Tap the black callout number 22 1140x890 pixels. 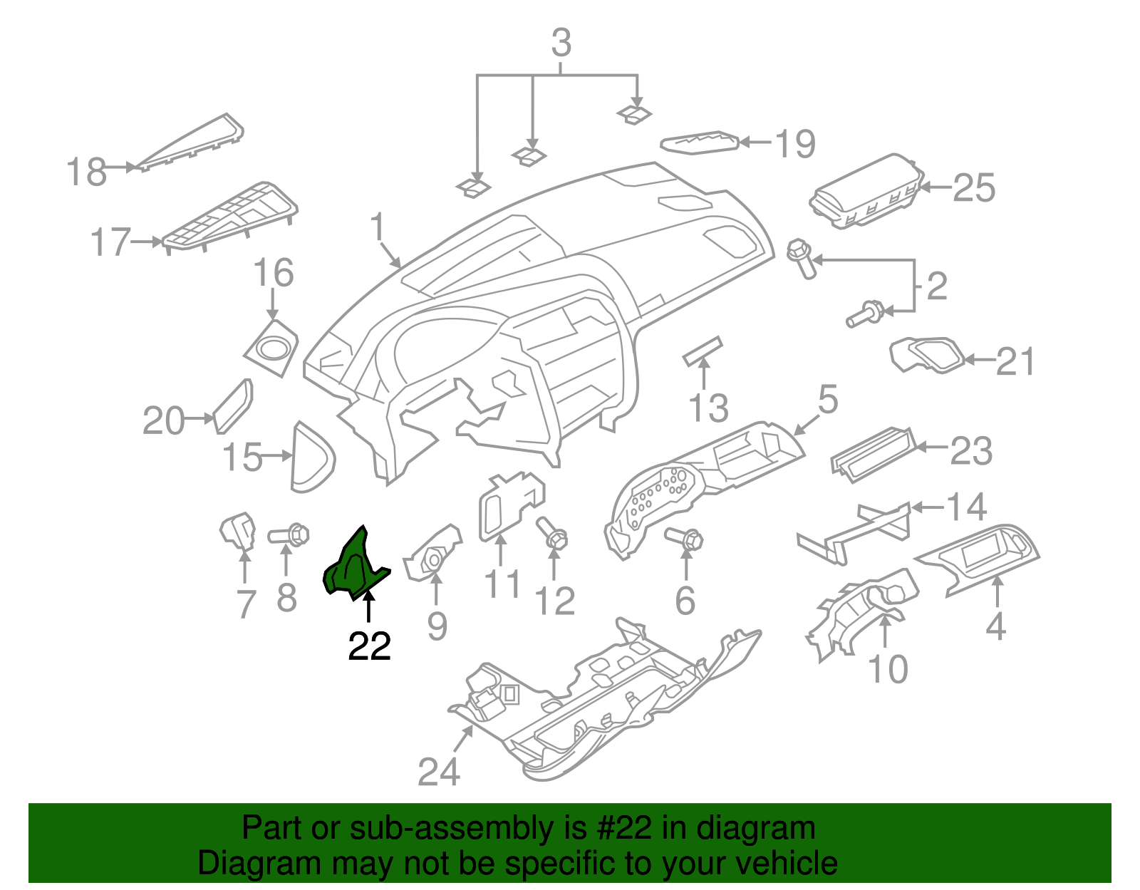pos(369,646)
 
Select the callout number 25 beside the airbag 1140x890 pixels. pos(973,188)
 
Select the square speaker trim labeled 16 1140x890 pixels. pos(271,349)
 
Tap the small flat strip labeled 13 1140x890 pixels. pos(703,351)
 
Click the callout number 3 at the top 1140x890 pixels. pos(561,43)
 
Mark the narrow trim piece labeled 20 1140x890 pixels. pos(233,406)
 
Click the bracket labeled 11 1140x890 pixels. pos(509,506)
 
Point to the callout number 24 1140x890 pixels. pos(438,771)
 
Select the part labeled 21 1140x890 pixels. pos(927,354)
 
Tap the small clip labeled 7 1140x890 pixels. pos(237,531)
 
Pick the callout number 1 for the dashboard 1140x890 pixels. pos(377,227)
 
